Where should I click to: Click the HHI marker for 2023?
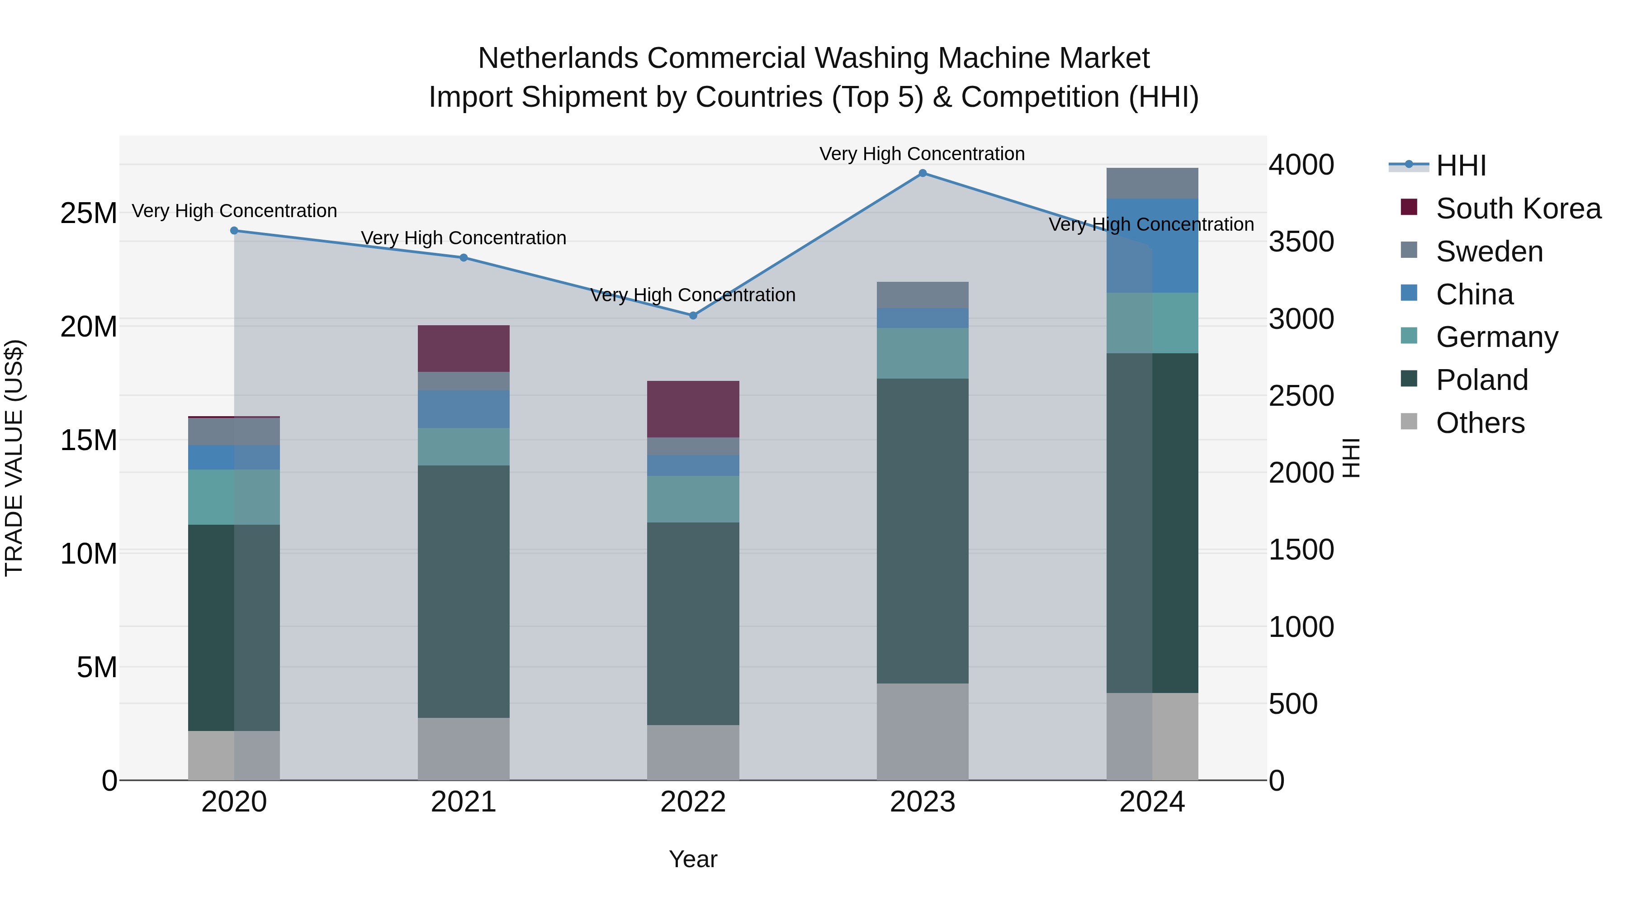click(x=922, y=173)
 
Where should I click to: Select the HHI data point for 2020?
click(x=234, y=231)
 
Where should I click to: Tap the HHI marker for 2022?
click(x=693, y=315)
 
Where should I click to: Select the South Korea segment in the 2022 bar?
click(x=693, y=409)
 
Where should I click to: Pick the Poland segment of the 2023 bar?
click(x=922, y=531)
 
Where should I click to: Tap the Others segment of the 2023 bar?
click(x=922, y=731)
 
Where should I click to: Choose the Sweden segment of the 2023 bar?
click(x=922, y=294)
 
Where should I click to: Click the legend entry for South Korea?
click(x=1517, y=209)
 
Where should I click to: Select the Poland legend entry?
click(x=1481, y=380)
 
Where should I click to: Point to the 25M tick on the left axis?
click(x=89, y=214)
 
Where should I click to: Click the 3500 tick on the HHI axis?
click(x=1301, y=242)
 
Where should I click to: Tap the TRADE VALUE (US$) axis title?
click(x=14, y=458)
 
